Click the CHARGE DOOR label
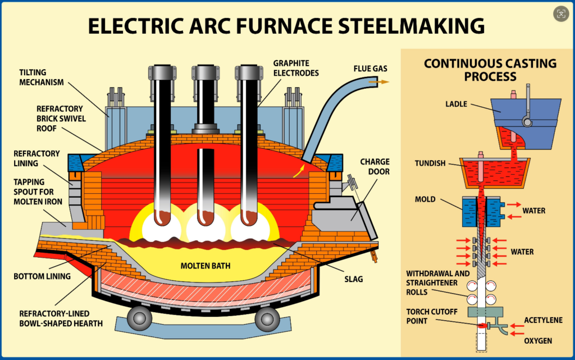click(x=376, y=167)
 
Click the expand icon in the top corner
click(x=560, y=13)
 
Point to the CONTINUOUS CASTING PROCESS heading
click(x=490, y=70)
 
